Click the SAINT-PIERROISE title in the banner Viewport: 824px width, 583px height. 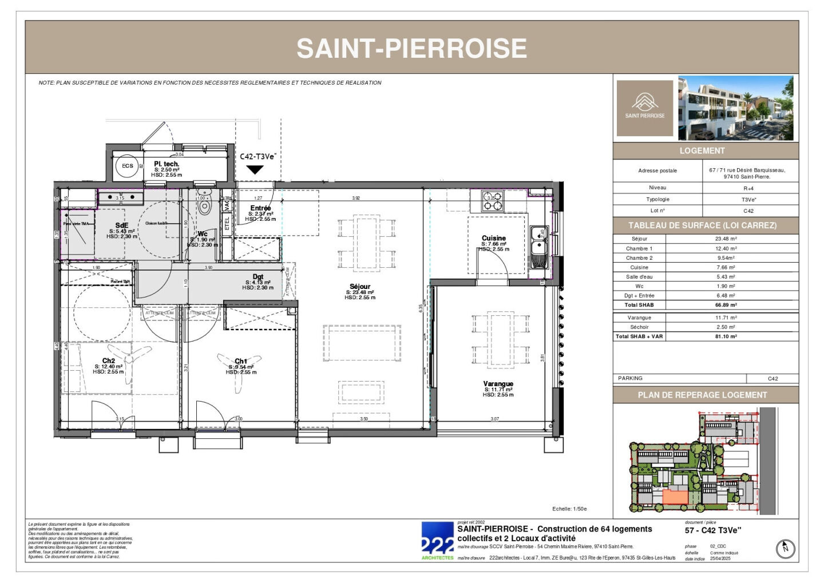pyautogui.click(x=411, y=48)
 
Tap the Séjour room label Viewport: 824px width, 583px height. pyautogui.click(x=360, y=287)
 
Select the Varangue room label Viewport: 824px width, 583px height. pyautogui.click(x=498, y=384)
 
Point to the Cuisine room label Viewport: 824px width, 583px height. pyautogui.click(x=494, y=238)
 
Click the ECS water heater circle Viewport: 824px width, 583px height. pyautogui.click(x=127, y=166)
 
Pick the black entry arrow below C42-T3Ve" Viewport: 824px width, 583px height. pyautogui.click(x=255, y=170)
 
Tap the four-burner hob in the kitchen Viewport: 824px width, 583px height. pyautogui.click(x=493, y=201)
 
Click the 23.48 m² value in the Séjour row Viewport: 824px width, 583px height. pyautogui.click(x=726, y=239)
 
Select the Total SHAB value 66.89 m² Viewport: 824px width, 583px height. pyautogui.click(x=726, y=306)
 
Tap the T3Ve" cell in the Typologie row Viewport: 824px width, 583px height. pyautogui.click(x=748, y=200)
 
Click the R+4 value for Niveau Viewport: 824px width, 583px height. pyautogui.click(x=748, y=188)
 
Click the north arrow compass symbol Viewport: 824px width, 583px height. pyautogui.click(x=786, y=549)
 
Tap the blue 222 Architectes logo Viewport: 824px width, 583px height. pyautogui.click(x=438, y=541)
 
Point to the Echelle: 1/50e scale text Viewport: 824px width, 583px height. pyautogui.click(x=569, y=509)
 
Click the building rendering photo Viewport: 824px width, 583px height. pyautogui.click(x=736, y=108)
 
